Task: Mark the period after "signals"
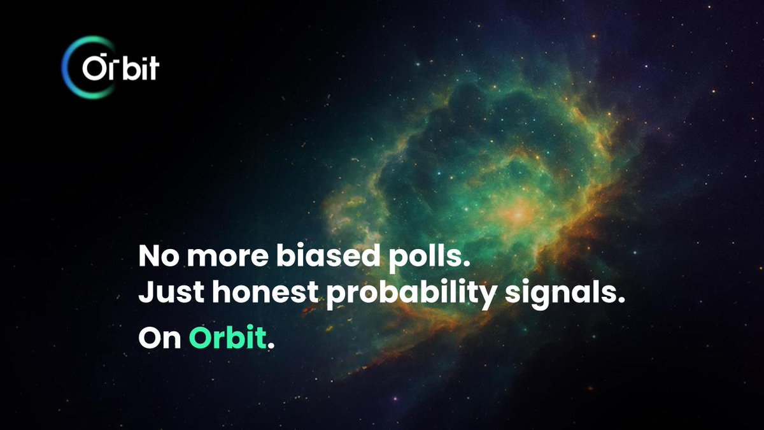pyautogui.click(x=615, y=304)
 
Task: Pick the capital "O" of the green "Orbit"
pyautogui.click(x=199, y=338)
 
